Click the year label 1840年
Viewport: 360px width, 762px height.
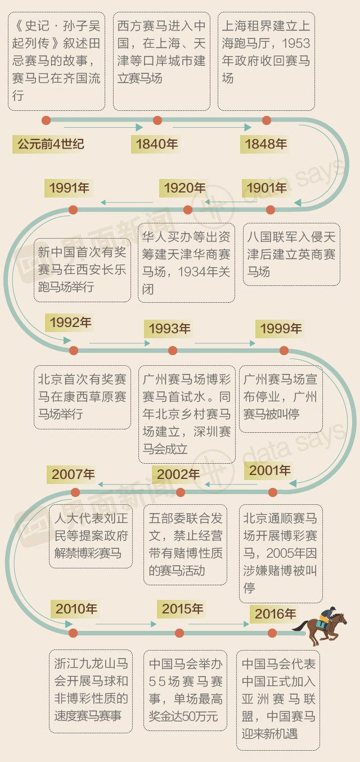point(157,145)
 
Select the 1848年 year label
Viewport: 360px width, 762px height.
point(265,145)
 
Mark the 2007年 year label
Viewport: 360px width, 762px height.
point(73,474)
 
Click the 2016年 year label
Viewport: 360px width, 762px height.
point(275,614)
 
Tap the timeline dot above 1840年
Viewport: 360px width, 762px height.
point(157,120)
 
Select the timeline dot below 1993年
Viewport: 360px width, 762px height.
point(173,351)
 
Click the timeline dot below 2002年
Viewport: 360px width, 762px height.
point(181,493)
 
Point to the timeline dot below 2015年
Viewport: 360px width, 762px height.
point(179,633)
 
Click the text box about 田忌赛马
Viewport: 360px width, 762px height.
point(56,62)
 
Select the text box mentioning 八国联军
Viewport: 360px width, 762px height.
point(291,254)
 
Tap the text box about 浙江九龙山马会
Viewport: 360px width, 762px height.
point(91,691)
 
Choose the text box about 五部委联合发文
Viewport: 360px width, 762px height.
point(185,544)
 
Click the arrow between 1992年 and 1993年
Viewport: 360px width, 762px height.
point(119,343)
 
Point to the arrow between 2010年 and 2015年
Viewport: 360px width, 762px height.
point(125,624)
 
